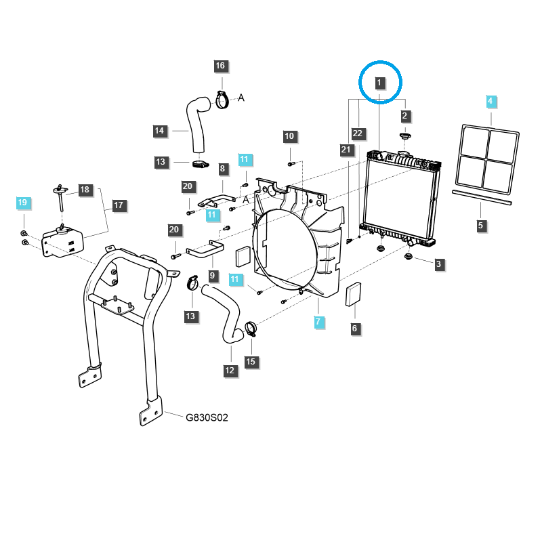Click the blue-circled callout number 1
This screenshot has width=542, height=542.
point(379,83)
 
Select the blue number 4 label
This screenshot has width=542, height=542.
point(491,102)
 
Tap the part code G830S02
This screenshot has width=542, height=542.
point(207,418)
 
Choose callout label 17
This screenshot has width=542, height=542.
point(119,205)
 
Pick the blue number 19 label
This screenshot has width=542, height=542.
point(22,203)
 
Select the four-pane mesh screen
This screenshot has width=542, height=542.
point(489,157)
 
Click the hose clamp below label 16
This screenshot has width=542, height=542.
point(222,100)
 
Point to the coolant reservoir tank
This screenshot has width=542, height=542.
point(62,241)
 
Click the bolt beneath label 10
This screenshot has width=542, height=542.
point(290,163)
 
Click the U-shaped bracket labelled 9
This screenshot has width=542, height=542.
point(204,249)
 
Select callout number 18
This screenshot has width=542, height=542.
point(85,190)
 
